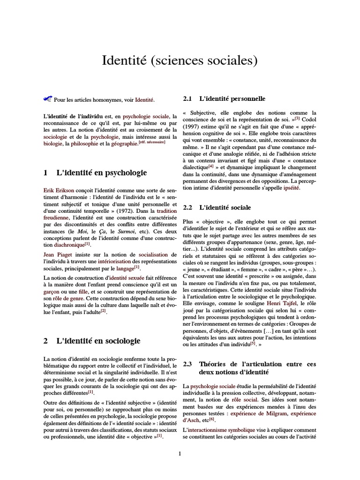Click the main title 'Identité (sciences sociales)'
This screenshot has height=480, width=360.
coord(180,61)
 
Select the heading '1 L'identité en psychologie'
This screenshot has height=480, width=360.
coord(95,173)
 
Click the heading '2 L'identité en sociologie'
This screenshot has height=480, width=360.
coord(91,341)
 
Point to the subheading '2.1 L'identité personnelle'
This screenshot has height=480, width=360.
coord(224,99)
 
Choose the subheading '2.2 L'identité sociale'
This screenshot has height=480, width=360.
coord(217,207)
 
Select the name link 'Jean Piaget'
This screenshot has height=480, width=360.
coord(57,254)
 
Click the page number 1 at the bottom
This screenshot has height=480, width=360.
coord(180,453)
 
